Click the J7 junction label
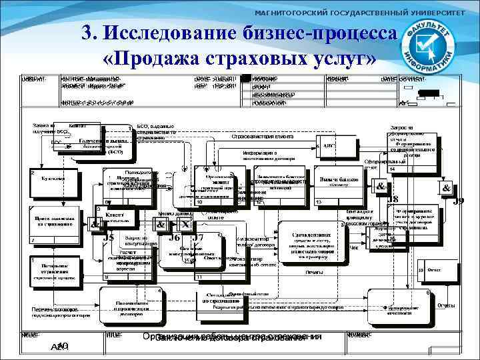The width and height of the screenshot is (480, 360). [197, 237]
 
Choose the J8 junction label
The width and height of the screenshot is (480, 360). [393, 199]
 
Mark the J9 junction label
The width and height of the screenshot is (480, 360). [458, 201]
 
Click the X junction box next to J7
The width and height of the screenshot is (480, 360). [185, 225]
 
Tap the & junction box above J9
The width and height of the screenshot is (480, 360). [446, 189]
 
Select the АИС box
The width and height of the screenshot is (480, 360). [330, 146]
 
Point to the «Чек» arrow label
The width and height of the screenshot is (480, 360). [355, 247]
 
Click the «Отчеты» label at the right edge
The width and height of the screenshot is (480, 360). [446, 305]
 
